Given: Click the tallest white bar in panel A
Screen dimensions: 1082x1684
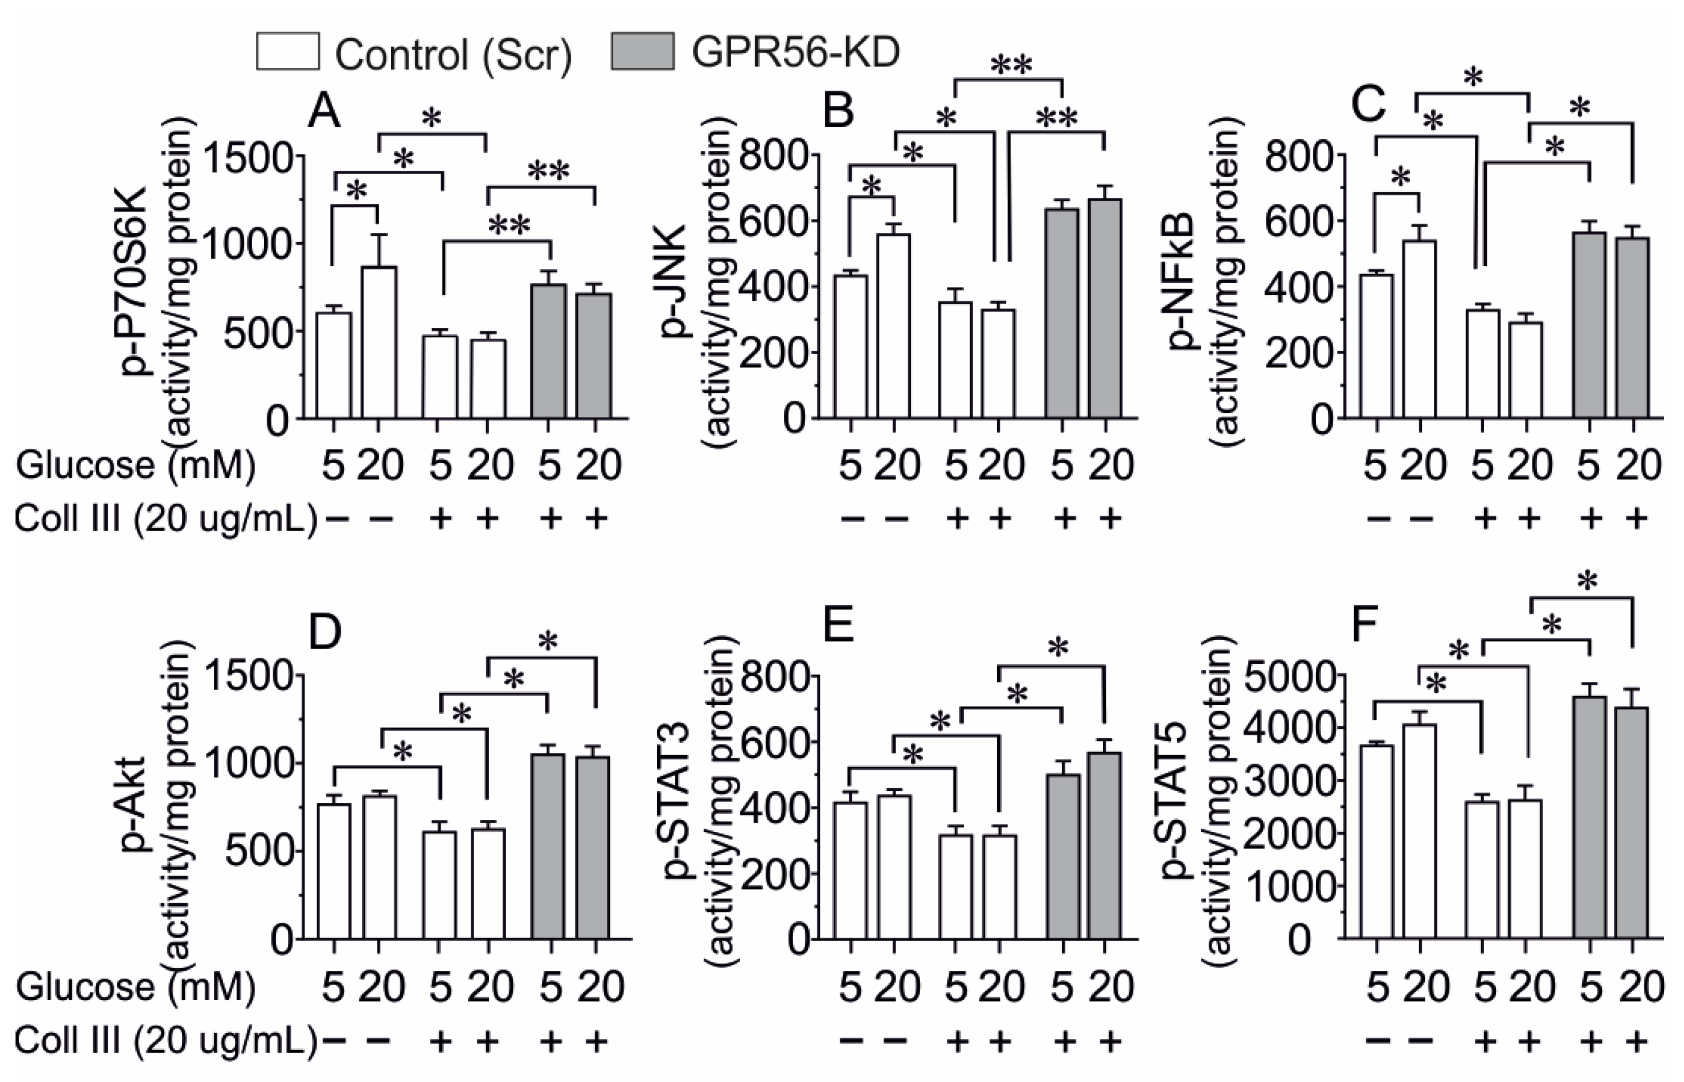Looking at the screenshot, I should coord(379,342).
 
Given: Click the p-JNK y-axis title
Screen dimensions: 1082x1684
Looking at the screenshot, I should coord(676,281).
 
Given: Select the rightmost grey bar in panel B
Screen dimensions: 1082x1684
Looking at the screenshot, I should coord(1105,309).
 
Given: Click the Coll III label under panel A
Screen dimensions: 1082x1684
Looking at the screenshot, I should coord(165,519).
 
